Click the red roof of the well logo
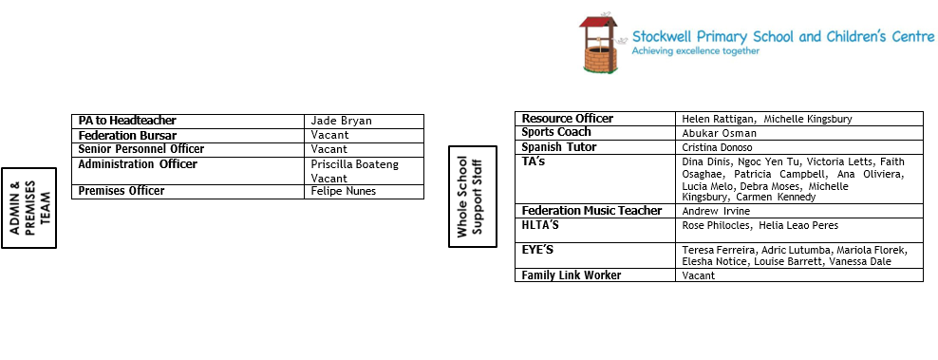597,23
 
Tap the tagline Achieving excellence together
696,51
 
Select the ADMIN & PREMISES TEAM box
28,208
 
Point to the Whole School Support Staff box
473,197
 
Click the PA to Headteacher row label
127,121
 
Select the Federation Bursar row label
127,136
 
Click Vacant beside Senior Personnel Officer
329,149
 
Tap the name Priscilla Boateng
355,164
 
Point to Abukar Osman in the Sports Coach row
719,133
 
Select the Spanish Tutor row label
559,147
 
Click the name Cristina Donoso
717,147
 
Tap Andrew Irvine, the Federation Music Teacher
716,211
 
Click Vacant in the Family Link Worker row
698,275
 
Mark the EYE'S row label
537,250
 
